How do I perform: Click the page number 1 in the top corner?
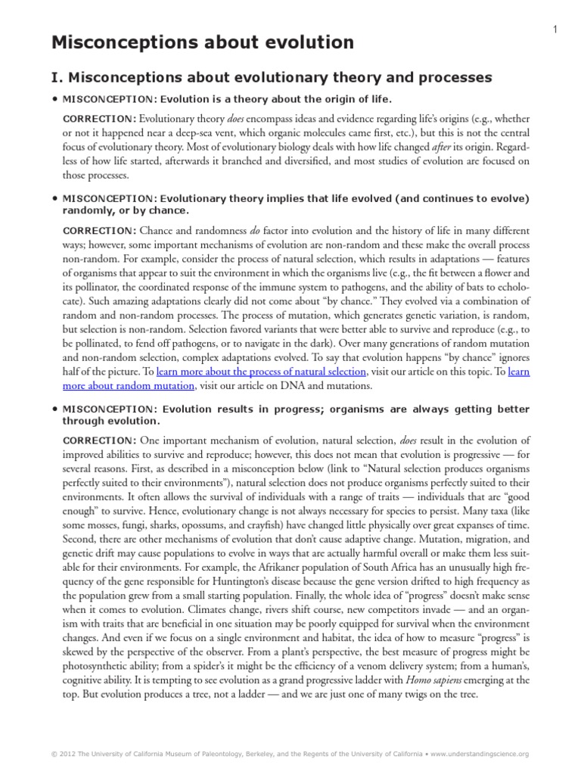555,29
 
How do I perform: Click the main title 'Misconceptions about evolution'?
202,43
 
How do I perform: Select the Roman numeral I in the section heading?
56,77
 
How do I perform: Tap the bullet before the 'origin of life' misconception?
54,99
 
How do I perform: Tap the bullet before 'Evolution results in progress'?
54,409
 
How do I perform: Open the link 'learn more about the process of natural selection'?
262,372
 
